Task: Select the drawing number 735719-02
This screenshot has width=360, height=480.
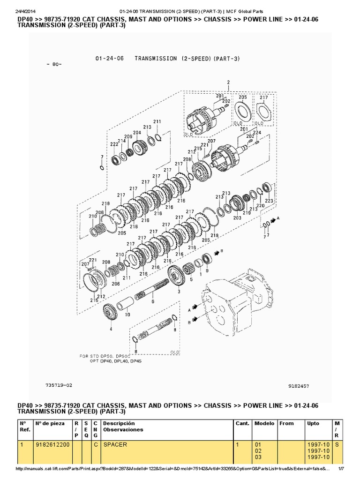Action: (60, 384)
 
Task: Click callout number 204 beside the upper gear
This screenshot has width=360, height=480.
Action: (136, 133)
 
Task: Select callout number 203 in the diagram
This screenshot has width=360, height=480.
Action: (237, 217)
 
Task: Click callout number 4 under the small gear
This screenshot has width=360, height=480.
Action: (111, 329)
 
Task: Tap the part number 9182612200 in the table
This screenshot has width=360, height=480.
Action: (52, 444)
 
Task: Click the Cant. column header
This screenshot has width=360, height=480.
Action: (242, 423)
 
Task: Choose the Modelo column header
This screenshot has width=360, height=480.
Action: (264, 423)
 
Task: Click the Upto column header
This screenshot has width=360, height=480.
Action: (313, 423)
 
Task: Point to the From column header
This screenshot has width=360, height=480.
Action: (286, 423)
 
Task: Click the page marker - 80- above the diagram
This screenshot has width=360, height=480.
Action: (54, 64)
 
